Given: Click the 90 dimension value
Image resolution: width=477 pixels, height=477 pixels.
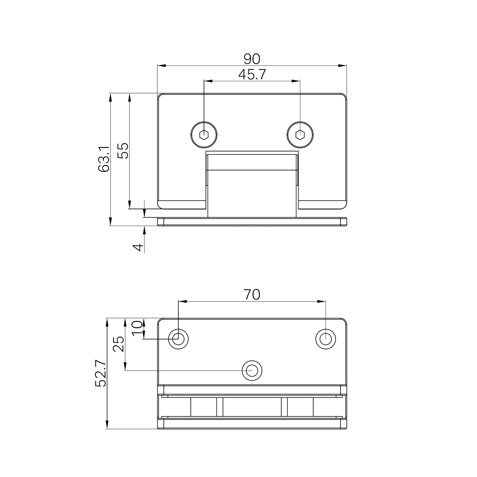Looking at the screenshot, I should pyautogui.click(x=252, y=59).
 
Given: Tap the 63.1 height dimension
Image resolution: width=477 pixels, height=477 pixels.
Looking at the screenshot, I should pyautogui.click(x=103, y=159).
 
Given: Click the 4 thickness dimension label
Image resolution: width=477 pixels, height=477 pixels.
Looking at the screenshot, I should pyautogui.click(x=139, y=247).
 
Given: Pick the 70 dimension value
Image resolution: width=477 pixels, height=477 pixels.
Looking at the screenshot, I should pyautogui.click(x=252, y=295).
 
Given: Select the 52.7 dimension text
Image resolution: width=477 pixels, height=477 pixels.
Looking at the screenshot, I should pyautogui.click(x=101, y=374).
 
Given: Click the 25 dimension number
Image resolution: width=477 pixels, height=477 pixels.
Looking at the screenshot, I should pyautogui.click(x=118, y=344).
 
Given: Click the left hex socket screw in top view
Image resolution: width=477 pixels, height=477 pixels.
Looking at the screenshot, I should pyautogui.click(x=204, y=134).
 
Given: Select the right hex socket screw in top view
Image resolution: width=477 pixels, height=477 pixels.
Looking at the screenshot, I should pyautogui.click(x=300, y=134).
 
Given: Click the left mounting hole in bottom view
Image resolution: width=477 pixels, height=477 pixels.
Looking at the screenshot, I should pyautogui.click(x=178, y=339).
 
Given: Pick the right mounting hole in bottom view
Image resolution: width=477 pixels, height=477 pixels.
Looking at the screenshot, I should pyautogui.click(x=326, y=339).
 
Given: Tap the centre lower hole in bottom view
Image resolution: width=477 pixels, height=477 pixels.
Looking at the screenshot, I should pyautogui.click(x=252, y=370).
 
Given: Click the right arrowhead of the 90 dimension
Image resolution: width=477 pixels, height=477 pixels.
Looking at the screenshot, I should pyautogui.click(x=343, y=66).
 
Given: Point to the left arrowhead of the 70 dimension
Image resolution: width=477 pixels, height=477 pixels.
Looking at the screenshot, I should pyautogui.click(x=182, y=301).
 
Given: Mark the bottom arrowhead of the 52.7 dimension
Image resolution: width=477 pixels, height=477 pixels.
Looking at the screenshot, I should pyautogui.click(x=107, y=424).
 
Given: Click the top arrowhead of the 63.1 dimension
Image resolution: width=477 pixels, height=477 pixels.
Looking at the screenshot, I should pyautogui.click(x=110, y=97).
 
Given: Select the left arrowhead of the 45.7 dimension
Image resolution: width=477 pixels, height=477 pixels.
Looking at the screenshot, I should pyautogui.click(x=208, y=81).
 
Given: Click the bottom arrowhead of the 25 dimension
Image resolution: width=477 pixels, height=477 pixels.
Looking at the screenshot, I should pyautogui.click(x=125, y=367).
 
